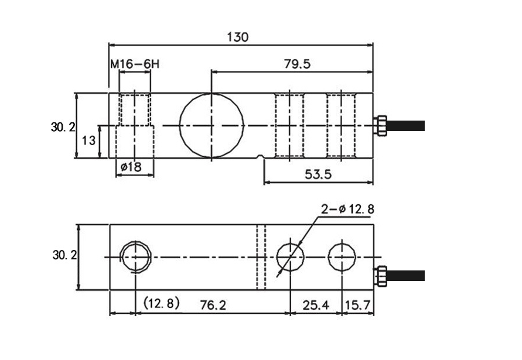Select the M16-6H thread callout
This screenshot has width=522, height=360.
[x=134, y=64]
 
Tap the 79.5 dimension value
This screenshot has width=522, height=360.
[x=298, y=64]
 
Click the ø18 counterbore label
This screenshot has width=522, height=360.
[x=131, y=167]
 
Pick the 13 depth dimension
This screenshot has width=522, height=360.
[x=88, y=140]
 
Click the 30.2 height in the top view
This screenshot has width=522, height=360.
[x=63, y=126]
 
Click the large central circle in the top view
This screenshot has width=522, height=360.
[x=211, y=125]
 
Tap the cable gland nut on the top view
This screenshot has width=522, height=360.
[x=381, y=125]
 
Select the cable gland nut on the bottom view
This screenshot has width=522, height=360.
[x=381, y=276]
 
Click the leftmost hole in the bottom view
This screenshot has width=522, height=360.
[x=135, y=257]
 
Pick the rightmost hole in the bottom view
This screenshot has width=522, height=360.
[x=342, y=257]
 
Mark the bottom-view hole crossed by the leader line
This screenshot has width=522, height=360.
[x=290, y=257]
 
